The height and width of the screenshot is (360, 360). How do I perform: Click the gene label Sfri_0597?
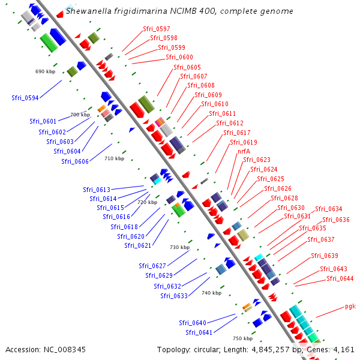(156, 29)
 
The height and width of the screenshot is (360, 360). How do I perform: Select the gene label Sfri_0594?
(25, 98)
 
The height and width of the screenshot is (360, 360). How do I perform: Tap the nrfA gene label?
(244, 151)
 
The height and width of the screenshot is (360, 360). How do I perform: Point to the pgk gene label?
(350, 306)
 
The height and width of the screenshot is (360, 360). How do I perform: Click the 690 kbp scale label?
(45, 71)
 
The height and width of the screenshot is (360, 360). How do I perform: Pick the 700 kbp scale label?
(80, 115)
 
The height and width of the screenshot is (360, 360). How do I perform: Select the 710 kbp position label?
(114, 158)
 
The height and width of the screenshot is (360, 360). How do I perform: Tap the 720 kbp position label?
(147, 202)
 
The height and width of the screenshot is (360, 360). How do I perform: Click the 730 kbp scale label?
(179, 247)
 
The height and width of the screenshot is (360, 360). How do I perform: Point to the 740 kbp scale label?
(211, 293)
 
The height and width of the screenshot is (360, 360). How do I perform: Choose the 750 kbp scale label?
(242, 338)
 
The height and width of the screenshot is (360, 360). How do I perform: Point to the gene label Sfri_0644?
(340, 278)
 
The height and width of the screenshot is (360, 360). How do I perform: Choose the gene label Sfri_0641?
(198, 332)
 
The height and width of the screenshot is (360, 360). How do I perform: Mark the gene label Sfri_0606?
(74, 161)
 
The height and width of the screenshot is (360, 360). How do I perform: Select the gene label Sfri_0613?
(96, 190)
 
